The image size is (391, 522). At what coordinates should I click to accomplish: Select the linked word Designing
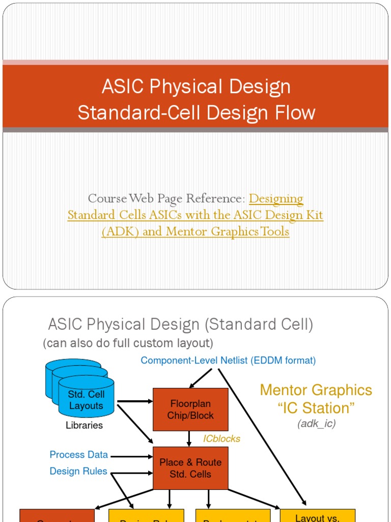276,198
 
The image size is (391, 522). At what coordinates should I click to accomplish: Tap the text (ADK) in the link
120,231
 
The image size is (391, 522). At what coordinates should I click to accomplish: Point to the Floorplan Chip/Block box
190,409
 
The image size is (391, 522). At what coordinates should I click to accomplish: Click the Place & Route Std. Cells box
190,468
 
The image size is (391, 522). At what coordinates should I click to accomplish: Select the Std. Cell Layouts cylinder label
86,400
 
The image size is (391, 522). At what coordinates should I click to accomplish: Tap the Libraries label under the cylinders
84,425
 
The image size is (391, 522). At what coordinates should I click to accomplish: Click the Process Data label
78,455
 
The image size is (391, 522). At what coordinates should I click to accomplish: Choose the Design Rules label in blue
78,471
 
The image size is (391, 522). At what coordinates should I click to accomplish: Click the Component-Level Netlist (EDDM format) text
228,360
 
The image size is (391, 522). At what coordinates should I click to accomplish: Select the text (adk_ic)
317,424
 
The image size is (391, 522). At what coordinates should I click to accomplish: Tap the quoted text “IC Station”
316,408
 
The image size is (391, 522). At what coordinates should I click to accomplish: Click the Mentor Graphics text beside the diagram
316,390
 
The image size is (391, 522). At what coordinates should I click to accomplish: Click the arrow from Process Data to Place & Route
131,455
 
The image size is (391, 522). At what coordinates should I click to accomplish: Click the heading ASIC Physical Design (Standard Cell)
181,324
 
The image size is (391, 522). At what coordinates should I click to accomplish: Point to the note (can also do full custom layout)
128,343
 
